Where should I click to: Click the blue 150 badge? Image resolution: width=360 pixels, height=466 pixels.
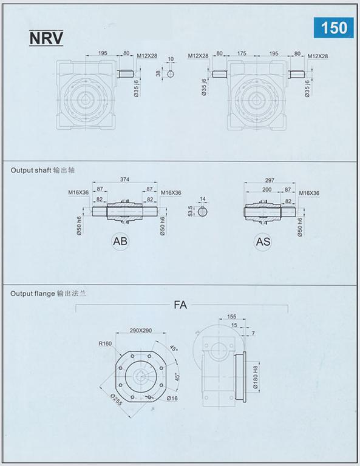(x=333, y=28)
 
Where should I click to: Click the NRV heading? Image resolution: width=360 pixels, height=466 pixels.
(x=46, y=38)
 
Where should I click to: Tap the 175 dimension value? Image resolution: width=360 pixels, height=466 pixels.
(x=242, y=53)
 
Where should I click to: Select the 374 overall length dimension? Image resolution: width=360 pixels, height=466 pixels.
(x=124, y=180)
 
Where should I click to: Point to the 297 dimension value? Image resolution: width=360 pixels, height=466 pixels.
(x=270, y=180)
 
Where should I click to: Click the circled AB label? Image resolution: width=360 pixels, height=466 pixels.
(x=120, y=241)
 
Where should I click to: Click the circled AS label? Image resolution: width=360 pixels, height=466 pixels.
(x=263, y=241)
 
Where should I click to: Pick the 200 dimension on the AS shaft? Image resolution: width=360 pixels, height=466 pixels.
(x=267, y=189)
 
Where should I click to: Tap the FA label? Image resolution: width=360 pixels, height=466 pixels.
(x=180, y=305)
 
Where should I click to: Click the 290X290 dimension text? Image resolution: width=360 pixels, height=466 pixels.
(x=141, y=331)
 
